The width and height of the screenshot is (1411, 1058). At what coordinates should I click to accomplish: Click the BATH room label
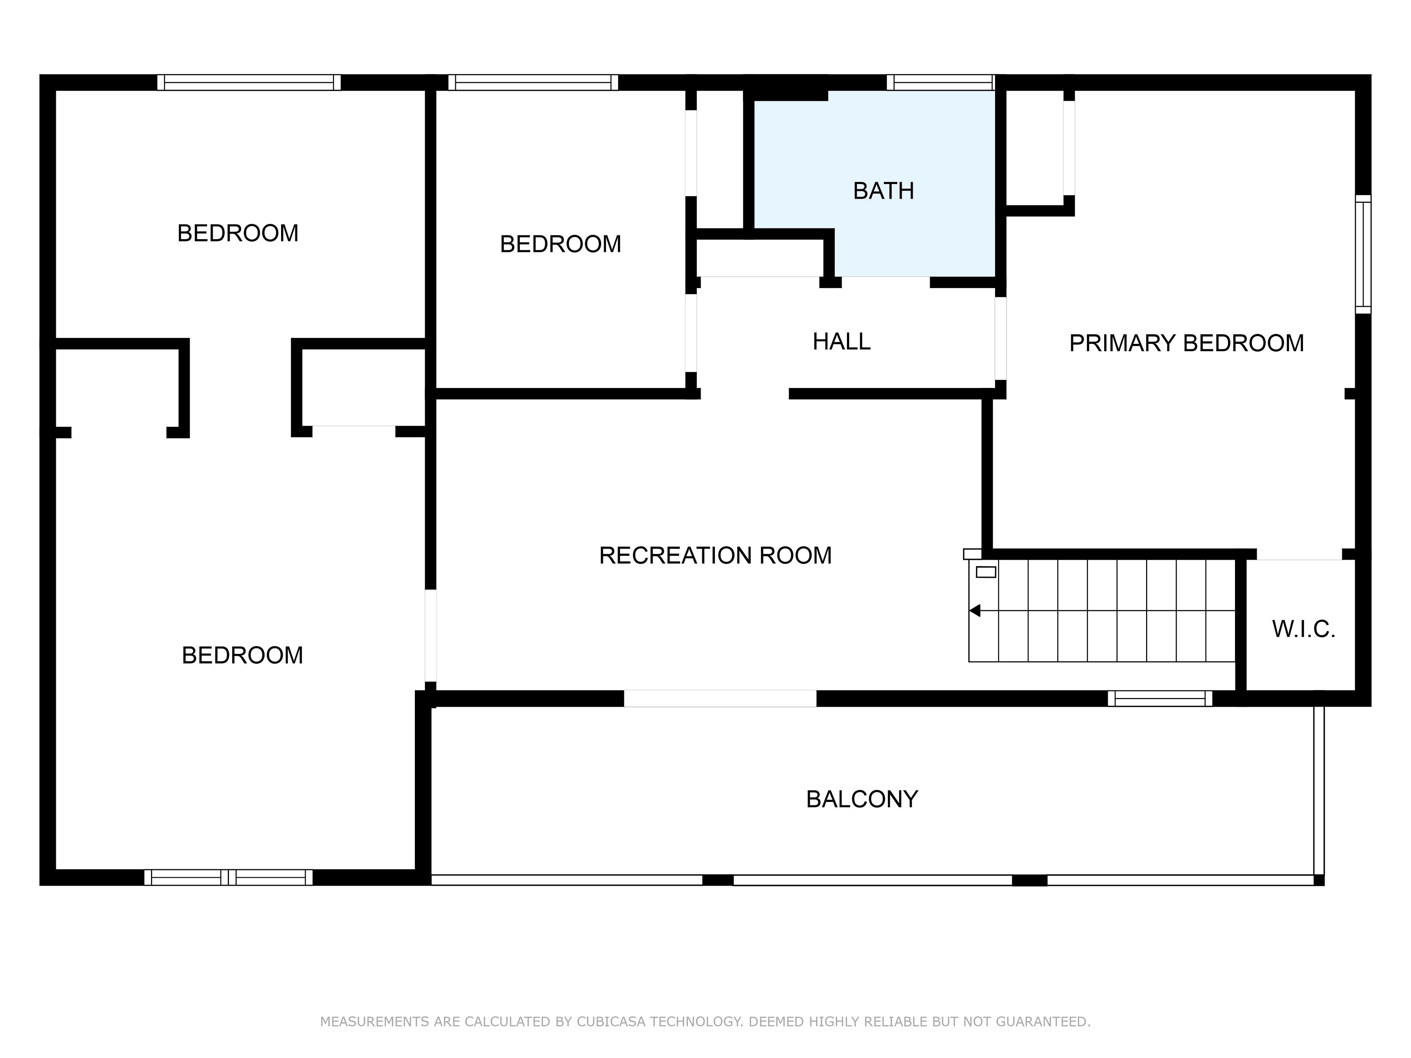[883, 191]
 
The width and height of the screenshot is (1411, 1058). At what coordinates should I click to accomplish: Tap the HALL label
[841, 342]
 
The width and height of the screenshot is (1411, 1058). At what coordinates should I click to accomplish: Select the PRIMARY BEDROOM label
[1186, 343]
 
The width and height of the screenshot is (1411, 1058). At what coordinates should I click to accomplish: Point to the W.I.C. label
[1304, 629]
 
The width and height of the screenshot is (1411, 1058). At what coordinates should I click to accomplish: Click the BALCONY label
[862, 799]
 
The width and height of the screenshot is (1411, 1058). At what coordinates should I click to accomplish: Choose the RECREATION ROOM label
[715, 555]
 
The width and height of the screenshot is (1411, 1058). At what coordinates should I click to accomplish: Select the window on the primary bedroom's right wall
[1362, 254]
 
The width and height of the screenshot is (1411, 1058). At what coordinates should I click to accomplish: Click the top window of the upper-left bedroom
[249, 82]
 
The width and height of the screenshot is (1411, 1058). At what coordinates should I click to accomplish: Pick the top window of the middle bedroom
[533, 82]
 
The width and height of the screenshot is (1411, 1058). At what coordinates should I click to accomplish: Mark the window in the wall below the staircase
[1160, 698]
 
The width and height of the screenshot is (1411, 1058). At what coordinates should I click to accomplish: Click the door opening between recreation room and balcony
[720, 698]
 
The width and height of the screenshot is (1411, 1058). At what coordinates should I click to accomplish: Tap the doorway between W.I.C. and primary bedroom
[1299, 554]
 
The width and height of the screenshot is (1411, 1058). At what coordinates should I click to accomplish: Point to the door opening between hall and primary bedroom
[1001, 339]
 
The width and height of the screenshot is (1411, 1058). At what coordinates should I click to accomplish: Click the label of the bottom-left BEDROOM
[243, 655]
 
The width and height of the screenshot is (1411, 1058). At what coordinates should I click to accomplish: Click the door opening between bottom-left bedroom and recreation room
[431, 636]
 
